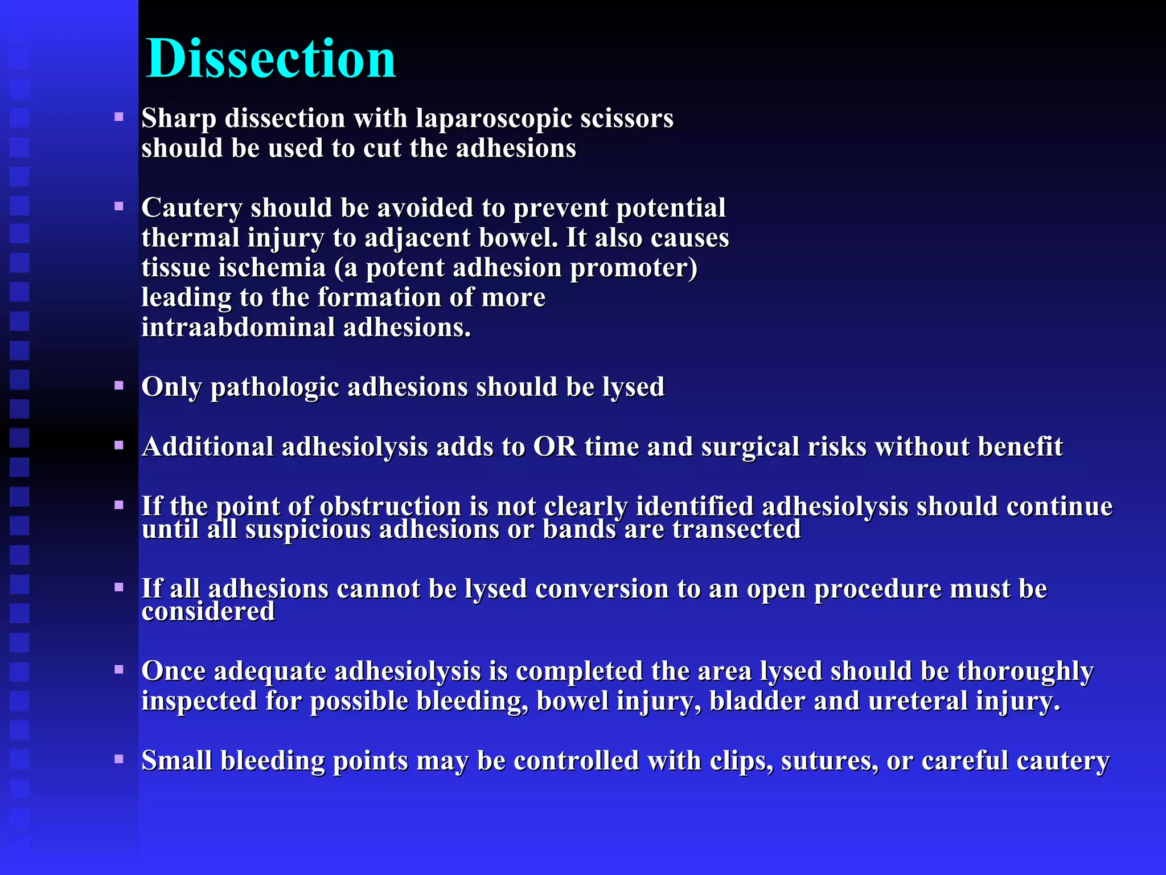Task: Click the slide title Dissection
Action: pos(270,59)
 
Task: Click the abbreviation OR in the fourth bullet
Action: pos(555,447)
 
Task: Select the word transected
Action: pos(736,529)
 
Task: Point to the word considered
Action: pos(208,612)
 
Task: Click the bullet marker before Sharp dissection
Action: pos(119,117)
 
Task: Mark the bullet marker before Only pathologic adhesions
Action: pos(119,386)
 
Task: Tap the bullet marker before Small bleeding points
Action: pos(119,759)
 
